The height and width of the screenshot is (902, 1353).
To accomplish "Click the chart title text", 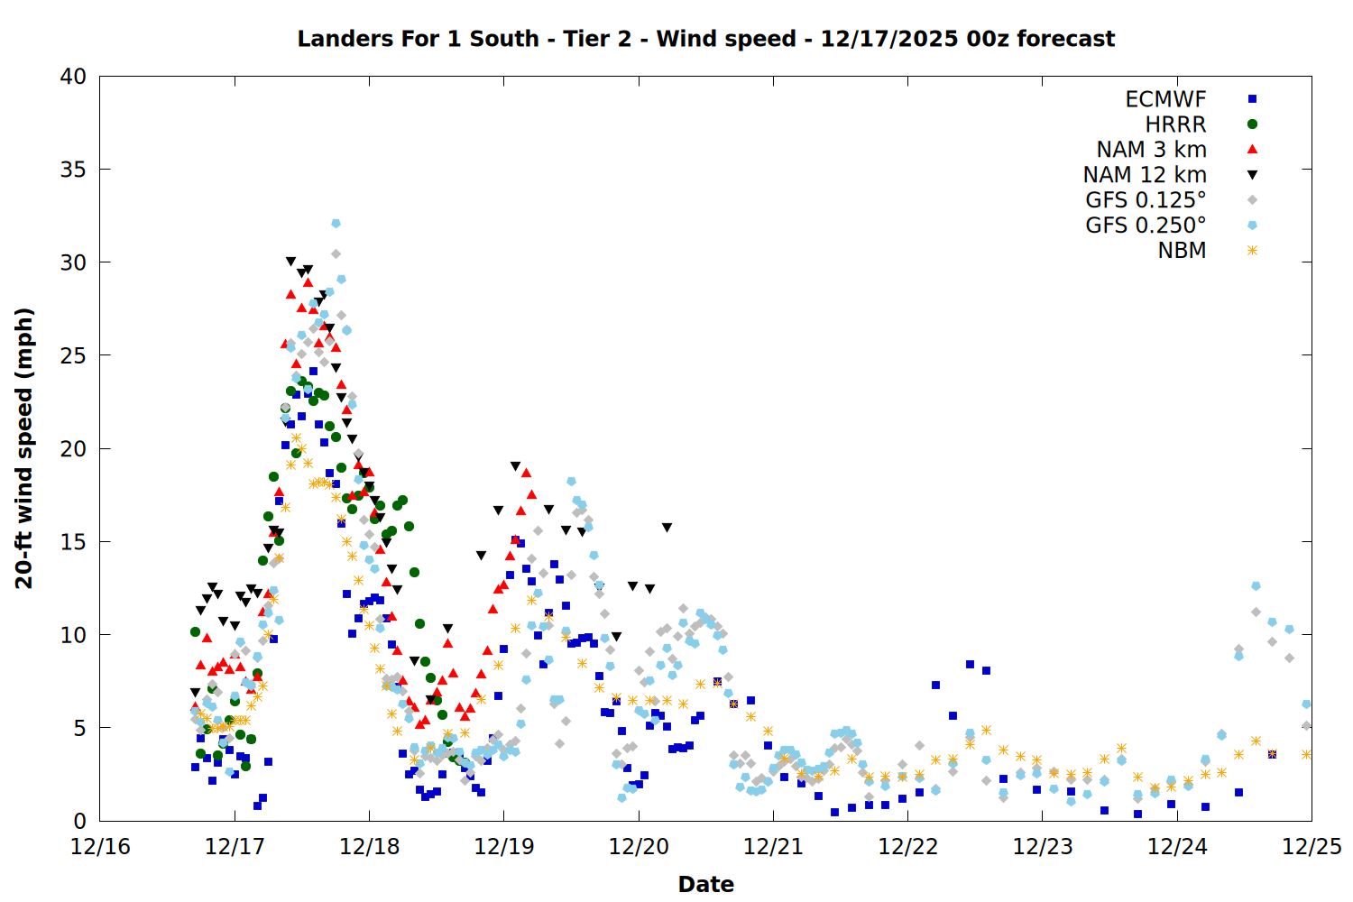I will coord(705,39).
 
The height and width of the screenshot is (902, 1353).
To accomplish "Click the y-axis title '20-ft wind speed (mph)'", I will coord(24,448).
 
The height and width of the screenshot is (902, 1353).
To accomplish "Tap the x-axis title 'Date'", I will coord(705,884).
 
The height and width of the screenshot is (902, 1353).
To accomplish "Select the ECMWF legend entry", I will coord(1165,99).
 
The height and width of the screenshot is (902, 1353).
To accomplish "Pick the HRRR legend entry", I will coord(1175,124).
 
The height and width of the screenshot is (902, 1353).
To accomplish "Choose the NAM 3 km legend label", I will coord(1151,150).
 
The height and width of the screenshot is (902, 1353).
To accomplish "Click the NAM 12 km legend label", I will coord(1145,175).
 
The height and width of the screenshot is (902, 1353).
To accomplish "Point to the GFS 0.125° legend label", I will coord(1146,200).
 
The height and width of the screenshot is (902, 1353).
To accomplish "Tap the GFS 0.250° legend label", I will coord(1146,225).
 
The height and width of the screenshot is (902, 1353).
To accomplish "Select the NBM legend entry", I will coord(1182,251).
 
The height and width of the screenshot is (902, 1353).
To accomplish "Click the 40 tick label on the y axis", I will coord(73,77).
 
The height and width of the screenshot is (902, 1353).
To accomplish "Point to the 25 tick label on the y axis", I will coord(73,355).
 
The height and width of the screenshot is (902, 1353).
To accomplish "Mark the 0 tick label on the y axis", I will coord(79,821).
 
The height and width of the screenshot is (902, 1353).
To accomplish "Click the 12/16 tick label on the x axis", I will coord(100,847).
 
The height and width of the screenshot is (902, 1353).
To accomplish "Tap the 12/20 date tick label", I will coord(639,847).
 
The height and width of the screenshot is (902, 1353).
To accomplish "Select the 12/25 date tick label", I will coord(1312,847).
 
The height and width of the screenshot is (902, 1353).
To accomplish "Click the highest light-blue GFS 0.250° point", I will coord(336,223).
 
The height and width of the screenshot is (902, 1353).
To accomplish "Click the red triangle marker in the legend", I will coord(1252,150).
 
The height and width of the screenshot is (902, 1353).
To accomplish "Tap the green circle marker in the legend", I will coord(1252,124).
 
